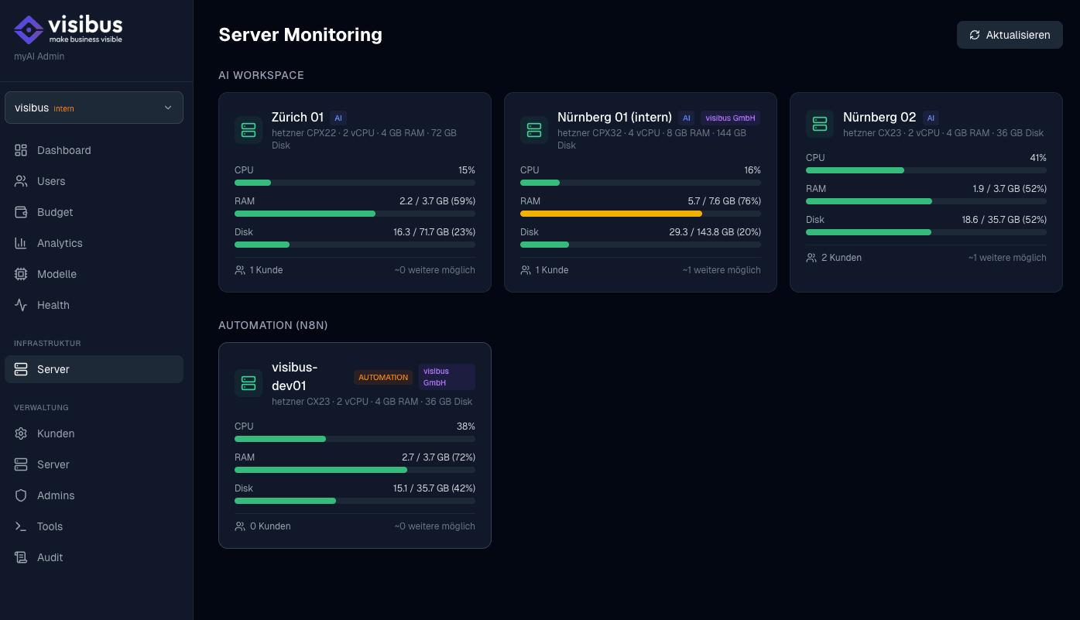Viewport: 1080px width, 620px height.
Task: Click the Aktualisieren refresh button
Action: point(1010,35)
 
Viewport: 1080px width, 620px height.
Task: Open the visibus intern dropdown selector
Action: point(94,108)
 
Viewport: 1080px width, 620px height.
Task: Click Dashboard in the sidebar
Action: point(63,150)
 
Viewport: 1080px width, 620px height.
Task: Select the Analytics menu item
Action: point(60,243)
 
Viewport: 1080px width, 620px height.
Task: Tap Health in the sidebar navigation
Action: point(53,305)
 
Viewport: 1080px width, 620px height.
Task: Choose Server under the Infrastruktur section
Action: point(53,369)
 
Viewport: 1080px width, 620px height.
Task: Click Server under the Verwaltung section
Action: point(53,464)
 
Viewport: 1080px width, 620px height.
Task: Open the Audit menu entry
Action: point(50,557)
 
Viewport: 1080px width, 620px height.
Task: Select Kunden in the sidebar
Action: point(56,433)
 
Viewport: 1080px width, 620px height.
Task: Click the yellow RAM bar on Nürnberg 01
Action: point(611,214)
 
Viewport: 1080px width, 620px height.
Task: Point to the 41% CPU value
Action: point(1037,158)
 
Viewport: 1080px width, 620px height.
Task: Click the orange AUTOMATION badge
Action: point(383,378)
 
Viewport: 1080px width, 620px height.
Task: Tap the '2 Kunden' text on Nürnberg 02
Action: point(841,258)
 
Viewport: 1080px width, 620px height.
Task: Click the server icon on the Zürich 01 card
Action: point(249,130)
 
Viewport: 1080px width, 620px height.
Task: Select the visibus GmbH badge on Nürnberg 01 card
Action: point(730,118)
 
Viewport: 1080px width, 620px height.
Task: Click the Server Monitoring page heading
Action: point(300,35)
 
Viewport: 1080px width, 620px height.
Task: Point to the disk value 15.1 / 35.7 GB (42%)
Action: point(434,488)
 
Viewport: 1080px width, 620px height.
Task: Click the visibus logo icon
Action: point(29,29)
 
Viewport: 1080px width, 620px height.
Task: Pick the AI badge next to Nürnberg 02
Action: point(931,118)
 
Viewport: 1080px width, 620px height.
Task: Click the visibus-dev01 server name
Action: point(295,376)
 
